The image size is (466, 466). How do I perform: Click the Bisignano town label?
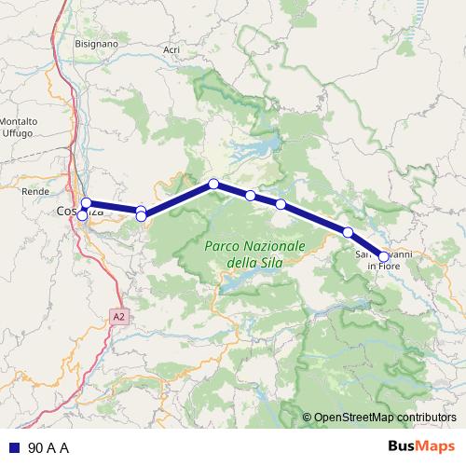[97, 43]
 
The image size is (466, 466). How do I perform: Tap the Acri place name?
[171, 49]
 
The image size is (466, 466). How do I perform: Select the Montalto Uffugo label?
[18, 128]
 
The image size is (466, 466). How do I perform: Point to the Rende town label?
[34, 190]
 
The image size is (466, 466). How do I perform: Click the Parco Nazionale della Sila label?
[254, 254]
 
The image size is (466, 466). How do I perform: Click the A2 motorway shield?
[118, 317]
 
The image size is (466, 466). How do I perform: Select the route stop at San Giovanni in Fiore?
[383, 256]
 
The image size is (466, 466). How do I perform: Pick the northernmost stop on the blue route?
[213, 184]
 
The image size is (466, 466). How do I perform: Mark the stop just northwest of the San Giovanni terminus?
[348, 231]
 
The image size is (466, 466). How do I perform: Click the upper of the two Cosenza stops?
[86, 203]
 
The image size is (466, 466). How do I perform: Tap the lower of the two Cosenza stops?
[82, 215]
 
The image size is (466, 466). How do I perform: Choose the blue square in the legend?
[15, 448]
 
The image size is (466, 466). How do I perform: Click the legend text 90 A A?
[49, 448]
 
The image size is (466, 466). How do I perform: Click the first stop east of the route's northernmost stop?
[250, 195]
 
